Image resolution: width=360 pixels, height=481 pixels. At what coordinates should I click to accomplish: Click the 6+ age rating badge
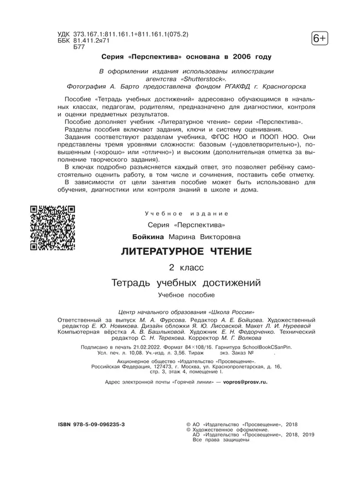(x=320, y=39)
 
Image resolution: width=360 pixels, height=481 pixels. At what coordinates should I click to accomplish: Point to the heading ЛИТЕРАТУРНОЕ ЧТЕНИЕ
(x=186, y=252)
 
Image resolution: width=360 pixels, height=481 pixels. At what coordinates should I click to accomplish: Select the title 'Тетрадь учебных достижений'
(x=186, y=283)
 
